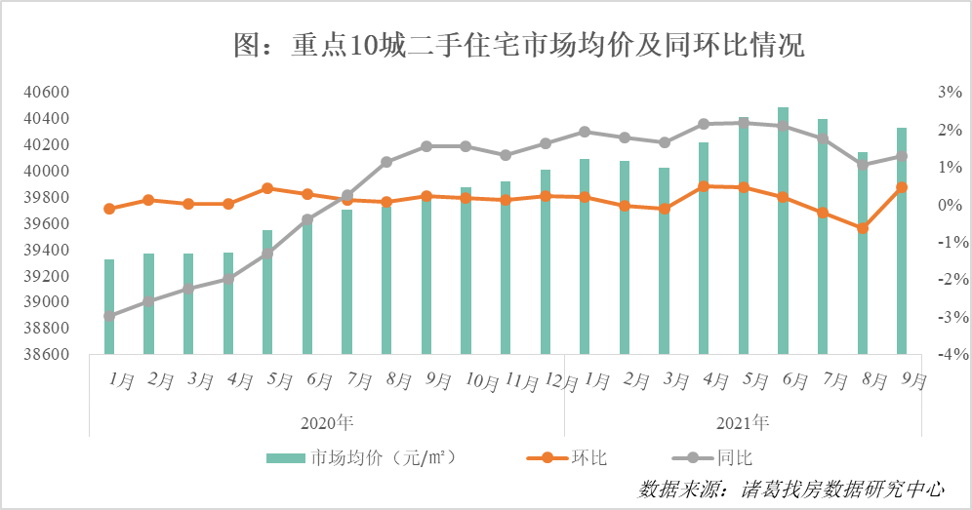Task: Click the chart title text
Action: click(519, 45)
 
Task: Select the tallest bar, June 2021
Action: click(783, 230)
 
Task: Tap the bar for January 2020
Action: click(109, 306)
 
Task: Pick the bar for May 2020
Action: click(267, 292)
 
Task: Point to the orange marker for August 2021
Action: click(862, 228)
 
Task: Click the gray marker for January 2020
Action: click(109, 316)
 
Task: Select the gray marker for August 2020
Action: click(386, 162)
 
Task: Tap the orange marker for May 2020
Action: click(267, 188)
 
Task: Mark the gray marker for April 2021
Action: click(704, 124)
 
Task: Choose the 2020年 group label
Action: click(326, 423)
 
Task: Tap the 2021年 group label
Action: click(743, 423)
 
